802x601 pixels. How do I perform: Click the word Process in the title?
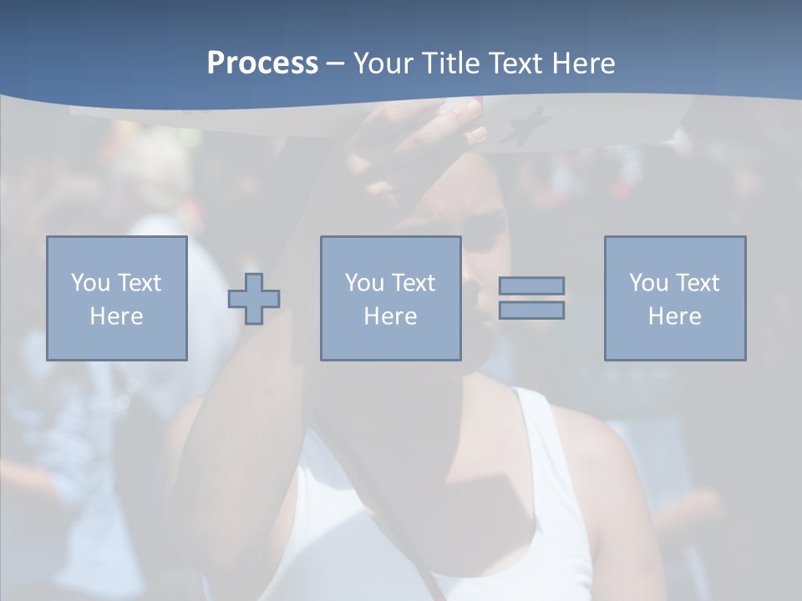coord(262,63)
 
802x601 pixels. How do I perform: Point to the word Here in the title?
coord(581,63)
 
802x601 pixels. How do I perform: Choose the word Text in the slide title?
coord(513,63)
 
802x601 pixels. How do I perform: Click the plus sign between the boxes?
coord(254,299)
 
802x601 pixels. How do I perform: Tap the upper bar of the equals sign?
coord(531,285)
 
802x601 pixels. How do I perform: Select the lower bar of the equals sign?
coord(531,310)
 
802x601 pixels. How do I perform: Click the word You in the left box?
coord(89,283)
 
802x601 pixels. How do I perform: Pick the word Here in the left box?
coord(116,316)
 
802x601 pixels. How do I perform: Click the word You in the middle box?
coord(363,283)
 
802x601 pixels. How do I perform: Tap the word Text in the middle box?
coord(412,283)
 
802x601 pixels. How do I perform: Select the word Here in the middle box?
coord(390,316)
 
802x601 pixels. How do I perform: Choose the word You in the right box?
coord(647,283)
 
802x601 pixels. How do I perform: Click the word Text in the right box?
coord(696,283)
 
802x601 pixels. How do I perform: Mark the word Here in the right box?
coord(674,316)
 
